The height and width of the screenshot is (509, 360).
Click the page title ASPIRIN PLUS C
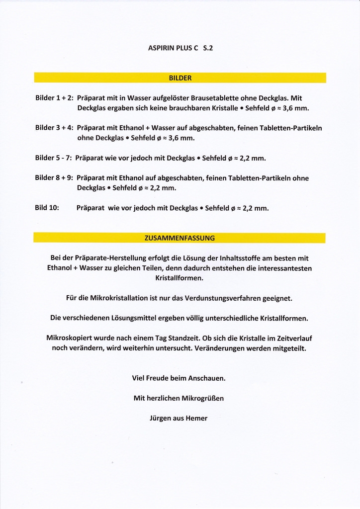pyautogui.click(x=173, y=48)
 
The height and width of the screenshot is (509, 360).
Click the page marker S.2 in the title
pyautogui.click(x=208, y=48)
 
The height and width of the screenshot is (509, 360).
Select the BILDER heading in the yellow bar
pyautogui.click(x=180, y=78)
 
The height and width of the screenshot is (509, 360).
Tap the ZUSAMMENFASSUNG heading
pyautogui.click(x=180, y=238)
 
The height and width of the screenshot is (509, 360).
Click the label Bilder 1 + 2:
pyautogui.click(x=54, y=98)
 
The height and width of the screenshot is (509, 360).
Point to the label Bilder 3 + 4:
pyautogui.click(x=54, y=128)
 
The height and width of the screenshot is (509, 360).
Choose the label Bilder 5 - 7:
pyautogui.click(x=54, y=158)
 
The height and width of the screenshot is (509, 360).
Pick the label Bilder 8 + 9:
pyautogui.click(x=54, y=178)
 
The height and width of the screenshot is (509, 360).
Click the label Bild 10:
pyautogui.click(x=47, y=208)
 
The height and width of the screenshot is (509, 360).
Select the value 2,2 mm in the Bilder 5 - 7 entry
pyautogui.click(x=252, y=158)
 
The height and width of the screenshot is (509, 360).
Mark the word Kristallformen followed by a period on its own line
pyautogui.click(x=179, y=278)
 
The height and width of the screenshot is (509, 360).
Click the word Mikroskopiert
pyautogui.click(x=69, y=338)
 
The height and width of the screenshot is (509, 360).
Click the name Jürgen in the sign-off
pyautogui.click(x=160, y=418)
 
